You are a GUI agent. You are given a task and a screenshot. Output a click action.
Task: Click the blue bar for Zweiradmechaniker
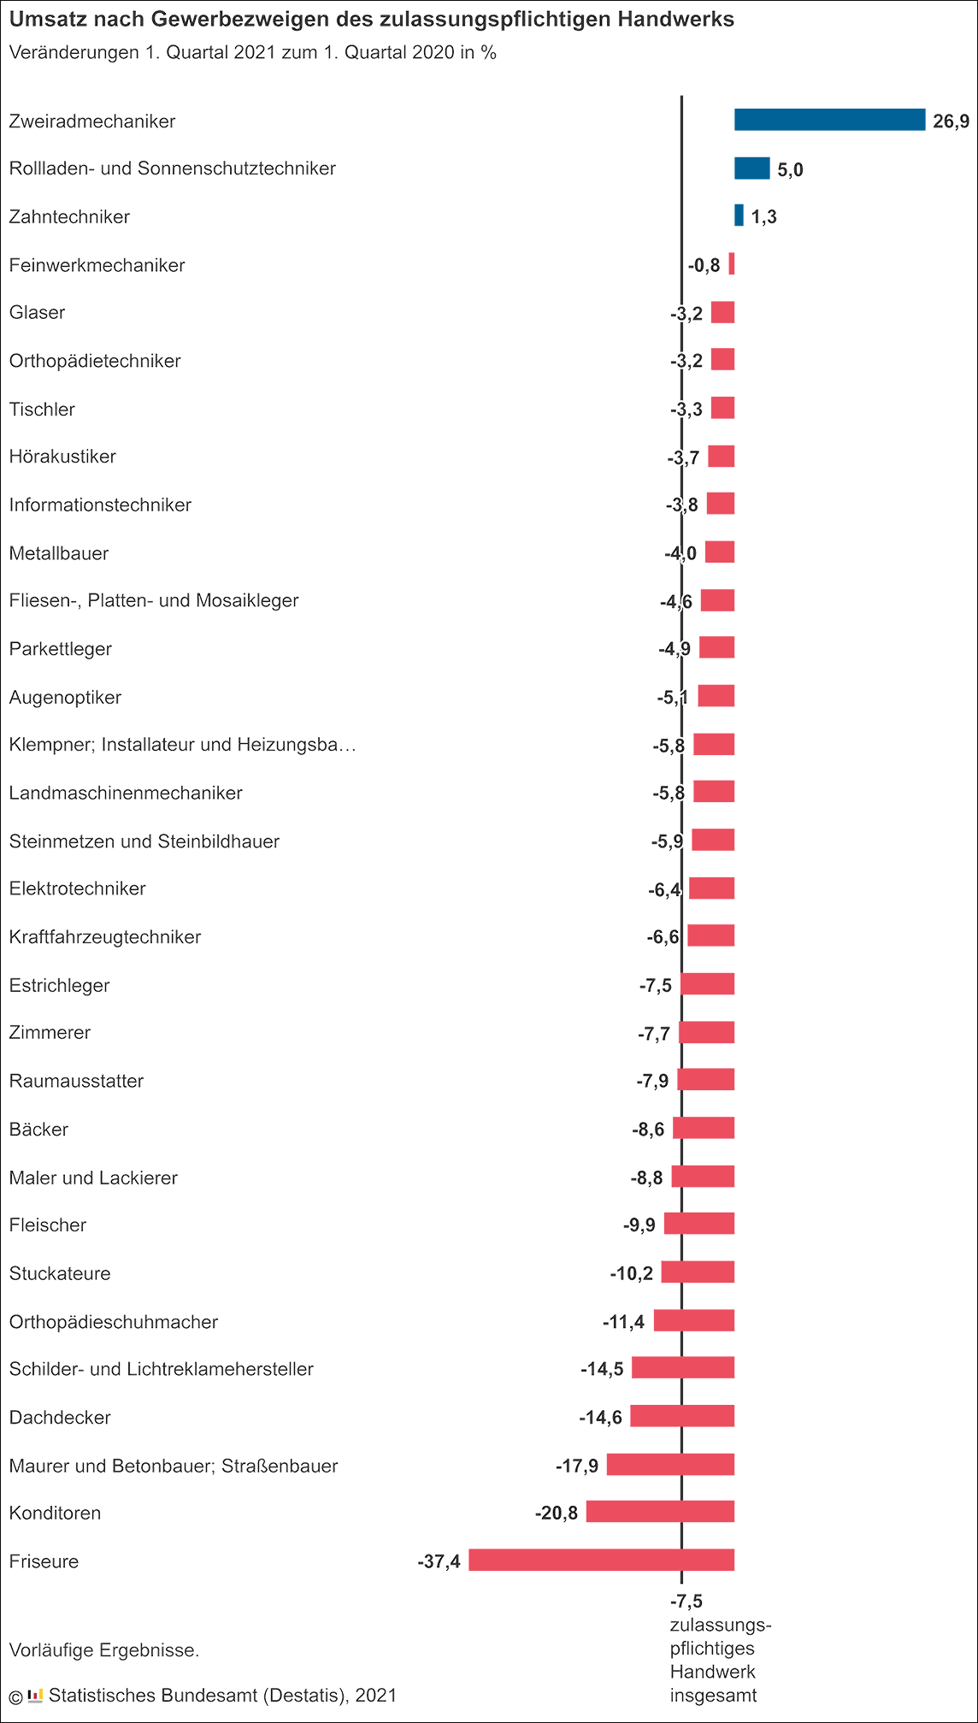pos(829,120)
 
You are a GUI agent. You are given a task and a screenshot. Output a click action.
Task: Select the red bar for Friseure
pos(601,1560)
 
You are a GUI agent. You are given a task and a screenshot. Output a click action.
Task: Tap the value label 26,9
pos(951,121)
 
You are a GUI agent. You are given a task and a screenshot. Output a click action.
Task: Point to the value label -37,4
pos(439,1561)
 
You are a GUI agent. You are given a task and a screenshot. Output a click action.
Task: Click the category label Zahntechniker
pos(69,216)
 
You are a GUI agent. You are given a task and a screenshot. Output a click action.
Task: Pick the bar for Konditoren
pos(660,1512)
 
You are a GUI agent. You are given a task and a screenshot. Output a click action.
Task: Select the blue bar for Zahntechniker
pos(739,215)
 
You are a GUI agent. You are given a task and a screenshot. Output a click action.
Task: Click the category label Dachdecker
pos(60,1417)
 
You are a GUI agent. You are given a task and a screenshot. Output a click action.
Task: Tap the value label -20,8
pos(557,1514)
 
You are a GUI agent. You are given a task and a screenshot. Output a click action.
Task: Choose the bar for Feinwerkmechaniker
pos(732,263)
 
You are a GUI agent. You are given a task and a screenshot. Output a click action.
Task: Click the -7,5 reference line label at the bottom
pos(686,1601)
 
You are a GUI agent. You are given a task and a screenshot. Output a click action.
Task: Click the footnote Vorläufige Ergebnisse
pos(103,1650)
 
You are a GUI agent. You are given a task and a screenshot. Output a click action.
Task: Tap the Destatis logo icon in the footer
pos(35,1695)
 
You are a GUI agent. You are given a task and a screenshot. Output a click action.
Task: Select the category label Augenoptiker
pos(65,697)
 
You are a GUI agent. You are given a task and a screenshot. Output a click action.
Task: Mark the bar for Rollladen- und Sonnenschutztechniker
pos(752,168)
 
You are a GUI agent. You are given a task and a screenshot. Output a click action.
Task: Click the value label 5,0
pos(790,169)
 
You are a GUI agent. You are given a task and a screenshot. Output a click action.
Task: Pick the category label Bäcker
pos(38,1129)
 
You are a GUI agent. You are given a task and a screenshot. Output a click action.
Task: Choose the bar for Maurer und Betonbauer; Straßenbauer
pos(670,1464)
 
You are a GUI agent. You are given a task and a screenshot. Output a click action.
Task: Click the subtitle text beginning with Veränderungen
pos(252,52)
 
